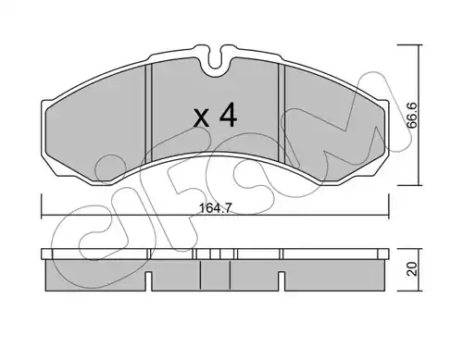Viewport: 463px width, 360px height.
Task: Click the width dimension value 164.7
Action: [x=215, y=208]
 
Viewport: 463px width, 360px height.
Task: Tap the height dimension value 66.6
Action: [x=412, y=116]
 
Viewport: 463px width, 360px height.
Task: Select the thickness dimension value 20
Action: [x=413, y=268]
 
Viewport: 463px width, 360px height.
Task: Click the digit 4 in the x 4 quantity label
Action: [x=228, y=116]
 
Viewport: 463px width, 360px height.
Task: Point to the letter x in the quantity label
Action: [x=201, y=118]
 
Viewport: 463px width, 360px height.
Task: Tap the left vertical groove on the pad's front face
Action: [x=148, y=113]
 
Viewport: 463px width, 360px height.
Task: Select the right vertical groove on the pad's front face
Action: [x=282, y=113]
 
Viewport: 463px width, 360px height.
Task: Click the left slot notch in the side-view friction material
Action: [x=148, y=281]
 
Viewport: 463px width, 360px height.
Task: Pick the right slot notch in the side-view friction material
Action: [x=282, y=281]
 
